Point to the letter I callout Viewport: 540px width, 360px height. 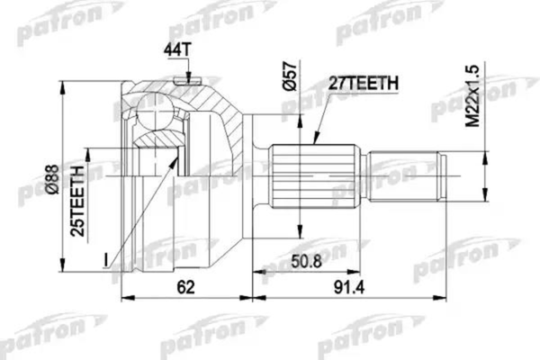[x=105, y=261]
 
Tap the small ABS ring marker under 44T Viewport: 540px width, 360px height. [x=187, y=83]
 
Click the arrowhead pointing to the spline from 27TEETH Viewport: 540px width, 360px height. [x=314, y=141]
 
